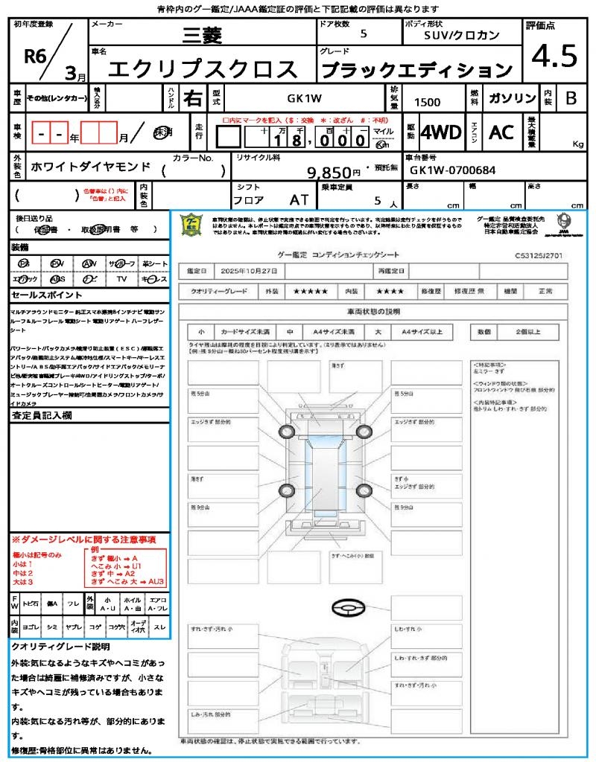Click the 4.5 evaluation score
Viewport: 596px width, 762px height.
pyautogui.click(x=554, y=56)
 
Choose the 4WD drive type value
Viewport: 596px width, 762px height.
pyautogui.click(x=440, y=132)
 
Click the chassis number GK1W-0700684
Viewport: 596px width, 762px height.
pyautogui.click(x=452, y=170)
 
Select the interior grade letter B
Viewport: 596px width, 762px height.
pyautogui.click(x=571, y=98)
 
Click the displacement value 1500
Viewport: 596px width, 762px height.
pyautogui.click(x=427, y=102)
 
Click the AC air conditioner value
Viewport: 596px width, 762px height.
pyautogui.click(x=501, y=132)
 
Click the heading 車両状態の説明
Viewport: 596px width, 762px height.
pyautogui.click(x=373, y=310)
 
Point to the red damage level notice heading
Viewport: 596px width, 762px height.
pyautogui.click(x=83, y=539)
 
